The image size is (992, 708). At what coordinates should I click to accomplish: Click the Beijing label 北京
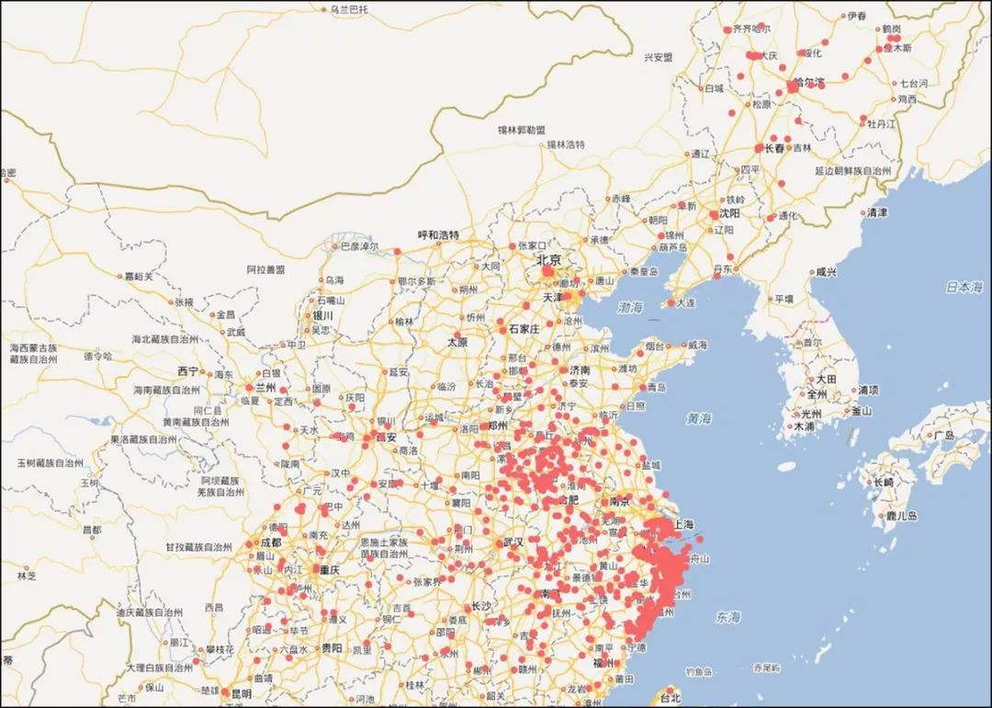pyautogui.click(x=549, y=259)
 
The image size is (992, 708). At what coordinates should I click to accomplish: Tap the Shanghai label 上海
pyautogui.click(x=682, y=525)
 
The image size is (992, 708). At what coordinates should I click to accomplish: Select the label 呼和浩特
pyautogui.click(x=438, y=235)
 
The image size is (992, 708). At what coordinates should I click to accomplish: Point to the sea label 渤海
pyautogui.click(x=631, y=307)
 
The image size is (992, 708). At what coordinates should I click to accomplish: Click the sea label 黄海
pyautogui.click(x=699, y=418)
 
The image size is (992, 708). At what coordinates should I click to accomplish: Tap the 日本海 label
pyautogui.click(x=964, y=288)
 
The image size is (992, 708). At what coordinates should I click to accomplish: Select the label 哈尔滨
pyautogui.click(x=809, y=83)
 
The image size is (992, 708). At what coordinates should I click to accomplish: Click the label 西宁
pyautogui.click(x=187, y=371)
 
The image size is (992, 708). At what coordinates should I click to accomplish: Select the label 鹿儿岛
pyautogui.click(x=897, y=516)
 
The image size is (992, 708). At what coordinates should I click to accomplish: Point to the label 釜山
pyautogui.click(x=861, y=411)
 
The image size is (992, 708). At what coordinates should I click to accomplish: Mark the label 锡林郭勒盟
pyautogui.click(x=521, y=131)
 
